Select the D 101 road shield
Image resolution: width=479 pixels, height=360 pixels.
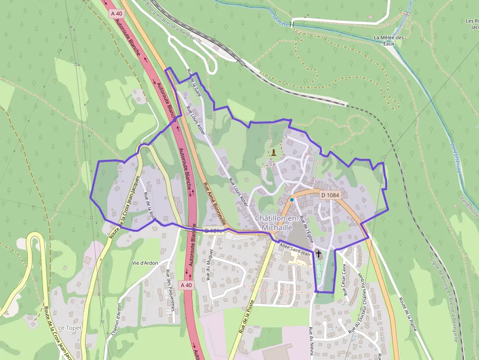click(213, 231)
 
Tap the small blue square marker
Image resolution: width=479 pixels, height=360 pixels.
click(292, 200)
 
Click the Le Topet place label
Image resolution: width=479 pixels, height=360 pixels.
click(70, 327)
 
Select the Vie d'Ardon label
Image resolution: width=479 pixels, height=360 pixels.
click(145, 263)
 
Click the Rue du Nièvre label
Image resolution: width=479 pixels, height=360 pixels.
click(310, 342)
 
